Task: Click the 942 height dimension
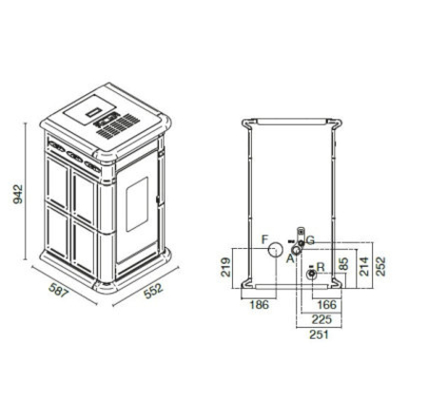click(x=18, y=194)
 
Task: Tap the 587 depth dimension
click(x=59, y=290)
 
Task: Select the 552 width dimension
click(x=153, y=291)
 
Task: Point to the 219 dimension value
click(x=225, y=267)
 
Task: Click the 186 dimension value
click(x=260, y=305)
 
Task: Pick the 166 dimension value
click(x=326, y=305)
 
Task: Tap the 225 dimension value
click(x=321, y=319)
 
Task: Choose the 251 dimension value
click(x=319, y=334)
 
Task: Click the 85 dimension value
click(x=343, y=263)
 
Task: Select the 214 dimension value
click(x=364, y=266)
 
